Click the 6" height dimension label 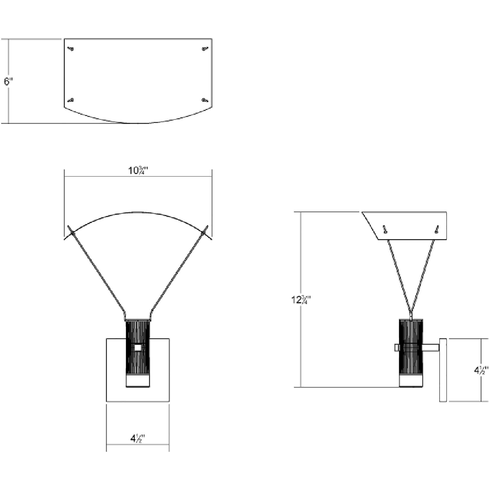point(8,81)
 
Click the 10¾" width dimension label point(138,171)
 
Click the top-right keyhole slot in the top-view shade point(205,49)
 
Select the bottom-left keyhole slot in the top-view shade point(71,100)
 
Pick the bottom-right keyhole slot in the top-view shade point(205,100)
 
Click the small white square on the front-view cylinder point(138,348)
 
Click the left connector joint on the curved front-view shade point(72,232)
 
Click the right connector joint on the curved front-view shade point(203,232)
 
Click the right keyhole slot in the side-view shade point(436,229)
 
